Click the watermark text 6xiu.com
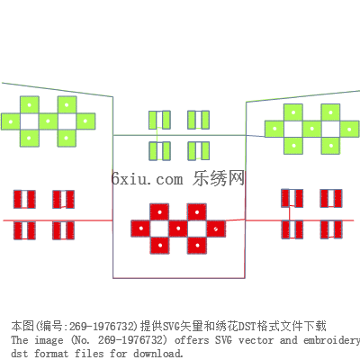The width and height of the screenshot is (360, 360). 147,179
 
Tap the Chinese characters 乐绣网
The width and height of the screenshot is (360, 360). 219,178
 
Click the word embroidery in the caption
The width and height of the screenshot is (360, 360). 331,340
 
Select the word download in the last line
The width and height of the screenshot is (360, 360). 157,353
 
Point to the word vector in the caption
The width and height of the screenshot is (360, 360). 256,340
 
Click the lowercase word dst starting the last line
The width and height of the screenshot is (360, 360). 20,353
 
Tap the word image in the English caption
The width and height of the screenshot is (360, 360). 49,340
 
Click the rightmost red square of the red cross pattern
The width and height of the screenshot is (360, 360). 216,229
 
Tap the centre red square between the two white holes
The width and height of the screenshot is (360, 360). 178,229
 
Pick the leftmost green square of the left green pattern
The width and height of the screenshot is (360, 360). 11,121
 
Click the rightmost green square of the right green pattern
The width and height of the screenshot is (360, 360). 349,130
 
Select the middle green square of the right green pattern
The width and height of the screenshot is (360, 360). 312,129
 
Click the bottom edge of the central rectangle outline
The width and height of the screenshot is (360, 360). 179,278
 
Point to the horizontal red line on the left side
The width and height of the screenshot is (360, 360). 58,220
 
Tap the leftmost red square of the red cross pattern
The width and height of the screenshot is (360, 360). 140,229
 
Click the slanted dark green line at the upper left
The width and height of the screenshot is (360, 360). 57,90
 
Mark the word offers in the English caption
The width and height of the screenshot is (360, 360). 192,340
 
